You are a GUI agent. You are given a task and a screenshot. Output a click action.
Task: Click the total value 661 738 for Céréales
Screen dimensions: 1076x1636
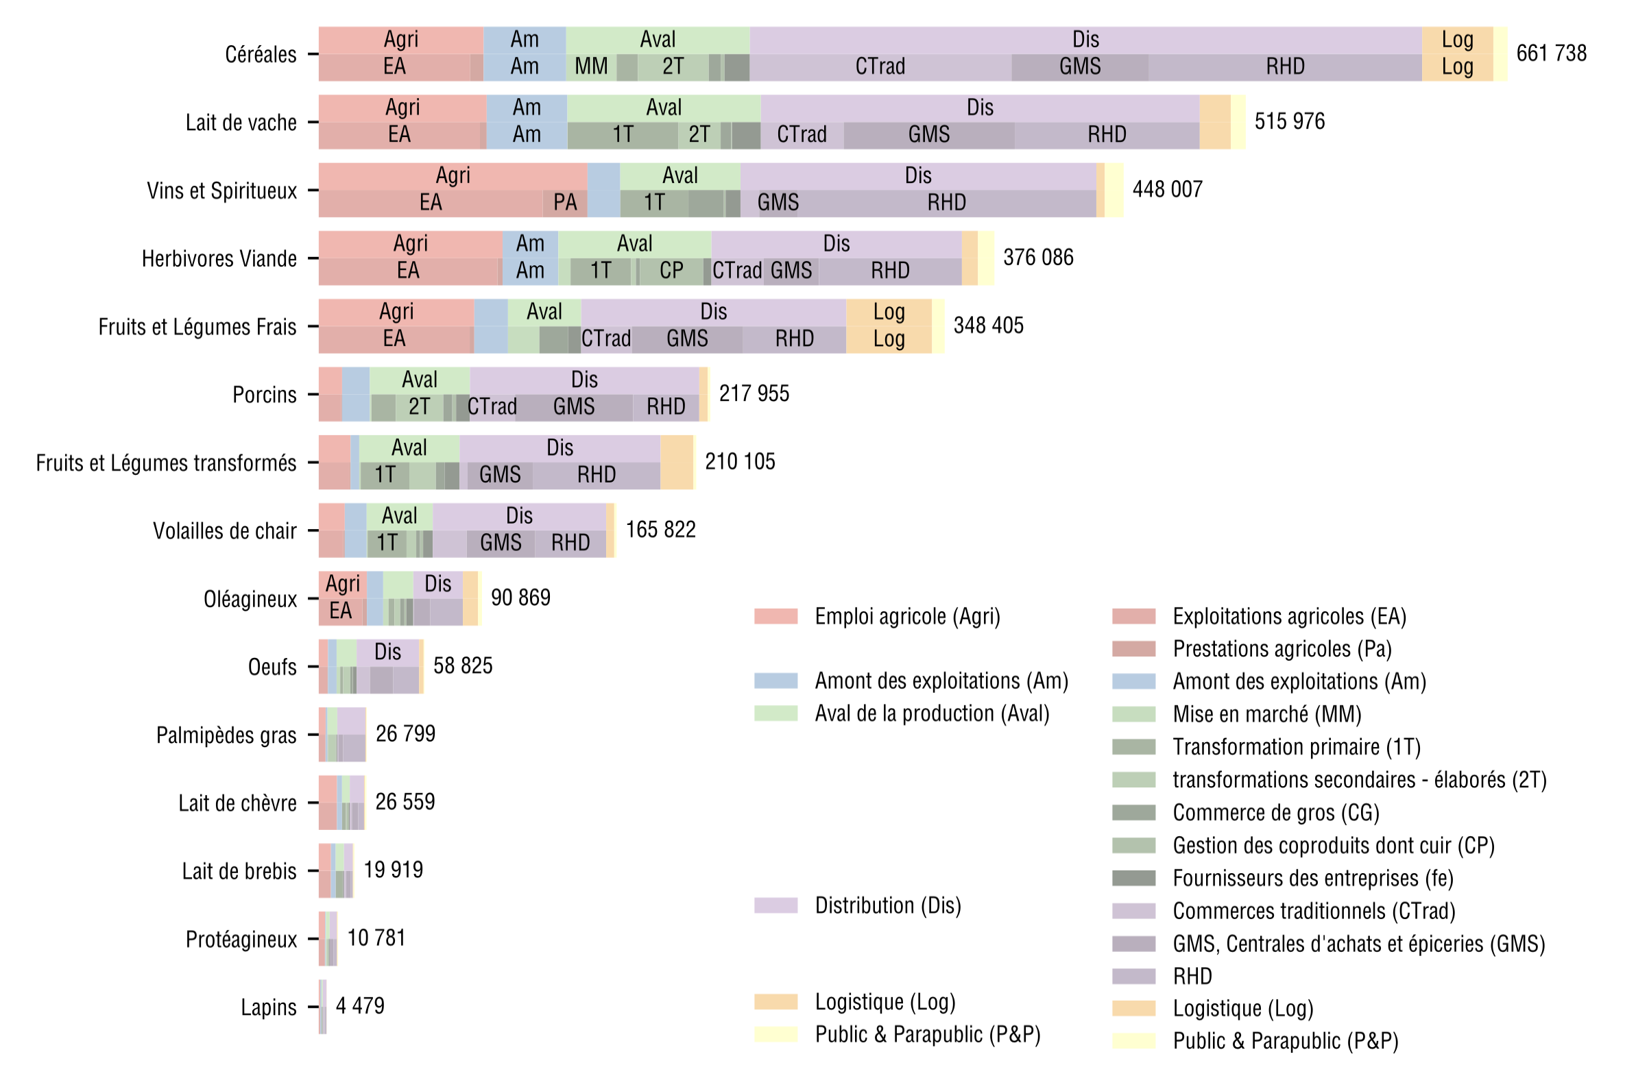1551,53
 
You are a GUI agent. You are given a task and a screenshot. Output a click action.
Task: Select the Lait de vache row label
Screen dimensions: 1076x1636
241,123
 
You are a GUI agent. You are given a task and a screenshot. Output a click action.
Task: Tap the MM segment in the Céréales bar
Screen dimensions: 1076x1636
591,66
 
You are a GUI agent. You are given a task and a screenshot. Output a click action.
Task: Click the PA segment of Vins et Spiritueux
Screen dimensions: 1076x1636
565,203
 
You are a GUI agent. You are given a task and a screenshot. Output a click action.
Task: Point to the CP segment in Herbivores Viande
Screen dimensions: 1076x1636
671,271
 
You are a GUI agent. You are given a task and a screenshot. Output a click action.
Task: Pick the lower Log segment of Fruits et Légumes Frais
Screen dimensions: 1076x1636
889,339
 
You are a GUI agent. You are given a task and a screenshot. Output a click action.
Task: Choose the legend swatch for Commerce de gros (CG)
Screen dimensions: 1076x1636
1133,813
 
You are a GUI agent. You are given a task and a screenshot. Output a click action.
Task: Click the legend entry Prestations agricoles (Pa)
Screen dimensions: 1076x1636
1282,649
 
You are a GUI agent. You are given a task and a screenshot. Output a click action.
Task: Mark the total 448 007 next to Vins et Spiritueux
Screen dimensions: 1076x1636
1167,190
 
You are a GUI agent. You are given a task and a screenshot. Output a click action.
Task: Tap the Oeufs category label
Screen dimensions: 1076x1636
272,667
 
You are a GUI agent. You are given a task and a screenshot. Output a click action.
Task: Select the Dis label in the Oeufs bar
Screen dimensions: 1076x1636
387,652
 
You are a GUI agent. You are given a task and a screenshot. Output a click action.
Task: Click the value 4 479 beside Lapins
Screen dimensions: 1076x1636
360,1007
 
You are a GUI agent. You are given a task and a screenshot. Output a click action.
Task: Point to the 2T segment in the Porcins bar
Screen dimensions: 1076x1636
420,407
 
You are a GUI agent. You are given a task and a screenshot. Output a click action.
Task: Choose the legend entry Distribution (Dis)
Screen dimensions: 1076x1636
887,905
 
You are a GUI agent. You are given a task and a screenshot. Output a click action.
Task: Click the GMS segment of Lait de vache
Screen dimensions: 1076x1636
928,135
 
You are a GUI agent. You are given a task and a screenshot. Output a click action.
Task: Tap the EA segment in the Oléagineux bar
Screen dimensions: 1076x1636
340,611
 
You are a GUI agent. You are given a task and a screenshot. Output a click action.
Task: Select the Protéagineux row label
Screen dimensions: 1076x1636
241,939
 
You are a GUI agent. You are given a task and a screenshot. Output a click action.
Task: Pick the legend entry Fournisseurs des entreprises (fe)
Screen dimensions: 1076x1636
1313,878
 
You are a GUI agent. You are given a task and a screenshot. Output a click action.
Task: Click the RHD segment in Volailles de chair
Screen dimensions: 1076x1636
570,543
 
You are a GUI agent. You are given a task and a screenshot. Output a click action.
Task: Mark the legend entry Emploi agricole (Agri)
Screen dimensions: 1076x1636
907,616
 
